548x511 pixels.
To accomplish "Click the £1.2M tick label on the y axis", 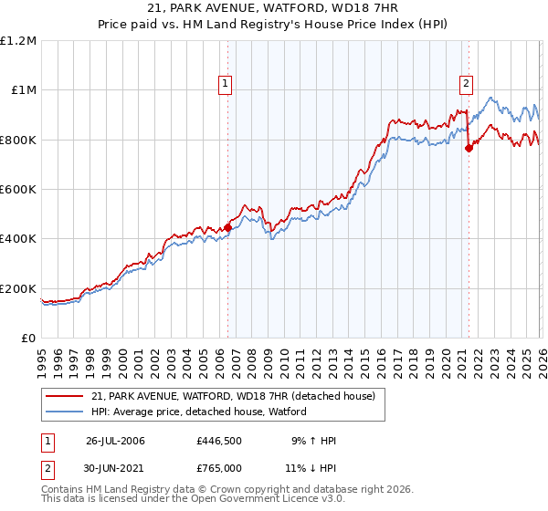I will [x=20, y=41].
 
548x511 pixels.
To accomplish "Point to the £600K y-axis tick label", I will [x=20, y=190].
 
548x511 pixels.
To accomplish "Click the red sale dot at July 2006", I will [x=227, y=227].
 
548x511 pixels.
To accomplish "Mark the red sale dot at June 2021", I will [x=469, y=148].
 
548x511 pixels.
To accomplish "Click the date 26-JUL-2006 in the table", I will [x=115, y=441].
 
